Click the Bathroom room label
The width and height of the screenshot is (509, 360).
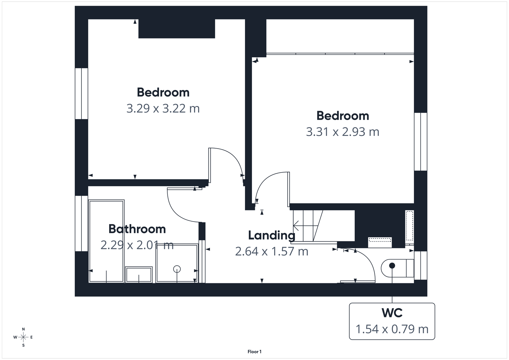[137, 229]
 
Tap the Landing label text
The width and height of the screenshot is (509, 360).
[271, 235]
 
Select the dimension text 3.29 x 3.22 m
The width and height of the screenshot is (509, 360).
[163, 109]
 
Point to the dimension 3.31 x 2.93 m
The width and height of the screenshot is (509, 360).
[343, 132]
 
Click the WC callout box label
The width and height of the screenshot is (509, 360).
[392, 313]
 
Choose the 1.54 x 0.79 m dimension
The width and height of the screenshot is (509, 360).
[392, 329]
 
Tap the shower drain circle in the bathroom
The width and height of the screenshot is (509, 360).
[177, 269]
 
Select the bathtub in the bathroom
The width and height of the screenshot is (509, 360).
[107, 241]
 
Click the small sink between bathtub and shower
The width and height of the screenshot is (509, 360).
[139, 275]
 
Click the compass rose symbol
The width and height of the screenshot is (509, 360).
[23, 337]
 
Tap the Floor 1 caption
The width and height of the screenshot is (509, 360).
[254, 352]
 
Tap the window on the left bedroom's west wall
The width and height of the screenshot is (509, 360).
[81, 94]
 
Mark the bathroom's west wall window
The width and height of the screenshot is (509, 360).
[81, 223]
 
